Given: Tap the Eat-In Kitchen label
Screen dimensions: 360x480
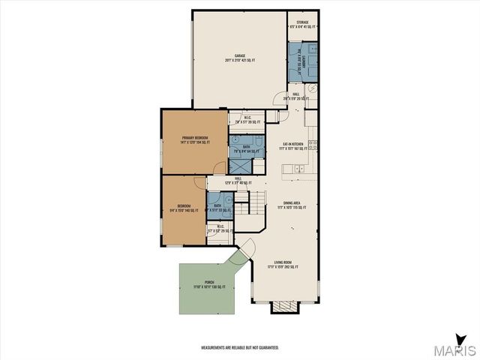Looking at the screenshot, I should tap(292, 145).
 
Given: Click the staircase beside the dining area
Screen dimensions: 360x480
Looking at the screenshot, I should tap(256, 202).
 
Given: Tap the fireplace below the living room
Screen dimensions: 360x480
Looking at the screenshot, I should tap(284, 307).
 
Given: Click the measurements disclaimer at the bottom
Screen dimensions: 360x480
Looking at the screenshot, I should tap(239, 348).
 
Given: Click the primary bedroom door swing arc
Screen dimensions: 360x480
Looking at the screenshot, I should tap(218, 167).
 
